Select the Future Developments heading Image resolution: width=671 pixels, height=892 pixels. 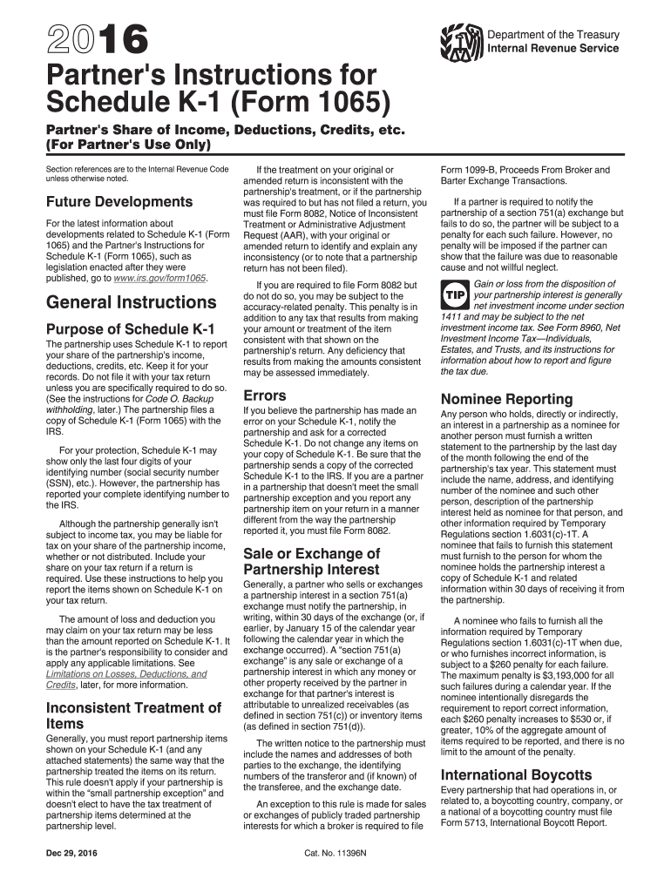tap(119, 202)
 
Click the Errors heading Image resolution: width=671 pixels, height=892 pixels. tap(264, 395)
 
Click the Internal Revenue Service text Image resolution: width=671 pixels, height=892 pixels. tap(553, 49)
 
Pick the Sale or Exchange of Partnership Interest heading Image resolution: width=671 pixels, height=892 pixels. tap(312, 562)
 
